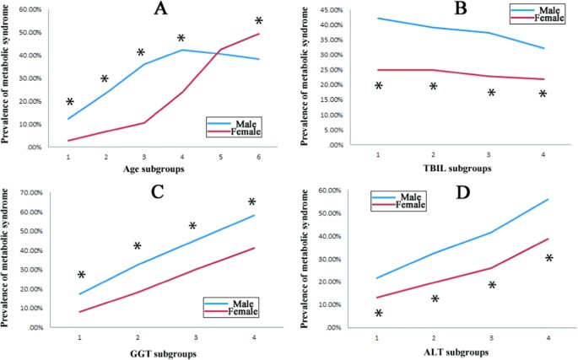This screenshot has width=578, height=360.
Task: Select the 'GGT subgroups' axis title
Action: click(166, 353)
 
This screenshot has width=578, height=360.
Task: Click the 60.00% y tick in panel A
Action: click(30, 9)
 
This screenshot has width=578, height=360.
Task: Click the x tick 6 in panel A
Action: click(258, 156)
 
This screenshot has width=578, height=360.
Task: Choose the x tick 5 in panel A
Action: click(220, 156)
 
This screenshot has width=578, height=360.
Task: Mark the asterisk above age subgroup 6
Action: click(259, 21)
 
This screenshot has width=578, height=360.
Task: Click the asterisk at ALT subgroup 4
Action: click(549, 258)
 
